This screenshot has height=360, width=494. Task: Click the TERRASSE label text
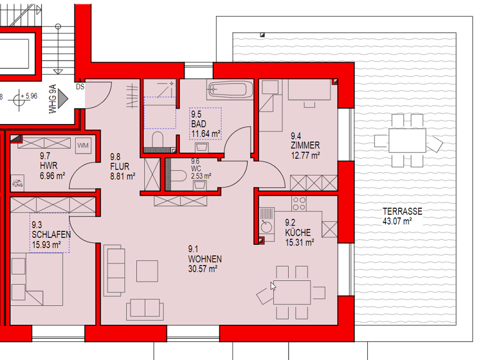pyautogui.click(x=402, y=212)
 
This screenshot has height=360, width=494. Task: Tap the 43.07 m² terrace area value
pyautogui.click(x=397, y=221)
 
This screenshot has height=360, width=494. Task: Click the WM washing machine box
pyautogui.click(x=83, y=146)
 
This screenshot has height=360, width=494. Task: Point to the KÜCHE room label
pyautogui.click(x=298, y=233)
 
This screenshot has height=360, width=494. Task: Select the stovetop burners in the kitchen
pyautogui.click(x=300, y=205)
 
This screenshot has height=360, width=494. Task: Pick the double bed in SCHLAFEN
pyautogui.click(x=37, y=279)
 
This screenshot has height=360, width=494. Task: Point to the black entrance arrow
pyautogui.click(x=63, y=98)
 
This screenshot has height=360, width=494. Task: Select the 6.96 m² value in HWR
pyautogui.click(x=52, y=175)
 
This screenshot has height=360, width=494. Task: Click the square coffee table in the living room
pyautogui.click(x=147, y=271)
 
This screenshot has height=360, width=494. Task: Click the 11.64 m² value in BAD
pyautogui.click(x=205, y=134)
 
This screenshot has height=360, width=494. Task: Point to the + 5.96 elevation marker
pyautogui.click(x=28, y=96)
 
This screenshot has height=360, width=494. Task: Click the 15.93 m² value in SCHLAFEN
pyautogui.click(x=46, y=244)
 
